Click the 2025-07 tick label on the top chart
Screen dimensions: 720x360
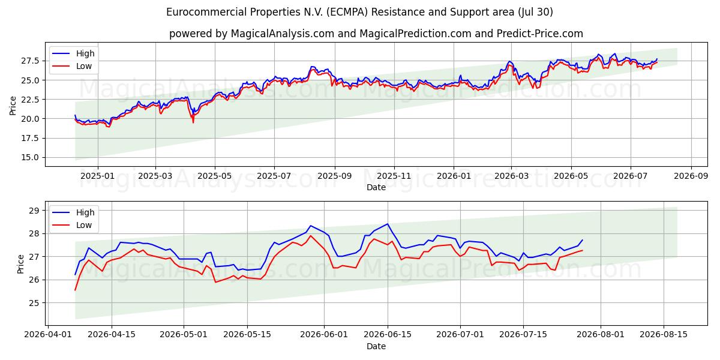coord(274,176)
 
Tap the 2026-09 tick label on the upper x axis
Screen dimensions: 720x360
coord(691,176)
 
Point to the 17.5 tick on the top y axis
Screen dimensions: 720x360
coord(30,138)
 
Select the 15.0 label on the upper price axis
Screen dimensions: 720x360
coord(30,157)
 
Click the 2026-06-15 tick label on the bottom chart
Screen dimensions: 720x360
coord(388,335)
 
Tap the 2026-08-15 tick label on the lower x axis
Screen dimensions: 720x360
coord(664,335)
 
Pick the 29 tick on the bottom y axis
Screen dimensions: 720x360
coord(34,211)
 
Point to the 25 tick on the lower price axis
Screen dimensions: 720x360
coord(34,303)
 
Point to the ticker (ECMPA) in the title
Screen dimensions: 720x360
coord(347,12)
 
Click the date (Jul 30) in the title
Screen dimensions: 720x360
coord(535,12)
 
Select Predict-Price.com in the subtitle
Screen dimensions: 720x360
coord(539,34)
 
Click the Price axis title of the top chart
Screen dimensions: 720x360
coord(13,106)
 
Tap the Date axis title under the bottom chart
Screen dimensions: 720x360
coord(376,346)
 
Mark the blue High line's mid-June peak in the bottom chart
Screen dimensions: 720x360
coord(388,224)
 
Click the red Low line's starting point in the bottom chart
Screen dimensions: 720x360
coord(75,290)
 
